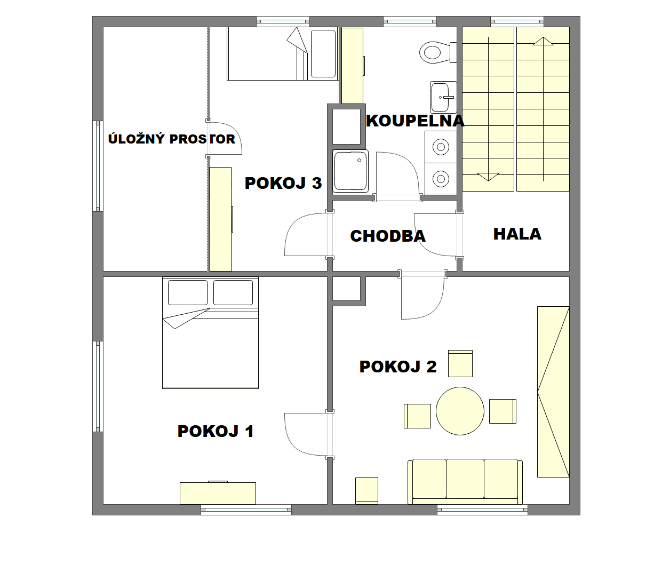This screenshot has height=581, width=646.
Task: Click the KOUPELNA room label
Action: click(415, 121)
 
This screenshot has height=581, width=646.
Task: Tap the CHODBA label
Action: click(388, 236)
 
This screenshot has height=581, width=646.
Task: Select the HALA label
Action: click(517, 234)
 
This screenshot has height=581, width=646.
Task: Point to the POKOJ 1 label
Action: click(216, 431)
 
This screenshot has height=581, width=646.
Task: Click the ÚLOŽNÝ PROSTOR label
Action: click(172, 139)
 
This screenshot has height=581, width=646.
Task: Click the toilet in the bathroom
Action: click(438, 52)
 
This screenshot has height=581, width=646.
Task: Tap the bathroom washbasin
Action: click(443, 97)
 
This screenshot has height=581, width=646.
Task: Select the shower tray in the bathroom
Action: click(350, 171)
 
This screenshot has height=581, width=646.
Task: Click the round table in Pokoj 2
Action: click(460, 411)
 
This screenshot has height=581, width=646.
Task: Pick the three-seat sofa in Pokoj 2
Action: click(465, 481)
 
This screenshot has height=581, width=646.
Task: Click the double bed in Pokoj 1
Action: click(210, 333)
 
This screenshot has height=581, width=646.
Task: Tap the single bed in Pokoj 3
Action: click(283, 53)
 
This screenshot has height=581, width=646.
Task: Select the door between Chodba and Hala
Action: click(438, 235)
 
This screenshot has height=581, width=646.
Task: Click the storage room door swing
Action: click(225, 138)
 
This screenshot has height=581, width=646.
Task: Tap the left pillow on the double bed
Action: click(188, 292)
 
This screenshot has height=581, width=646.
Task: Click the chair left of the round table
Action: click(417, 416)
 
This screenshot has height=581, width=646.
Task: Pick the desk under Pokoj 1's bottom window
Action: click(218, 493)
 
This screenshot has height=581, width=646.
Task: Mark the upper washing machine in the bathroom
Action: click(441, 147)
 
